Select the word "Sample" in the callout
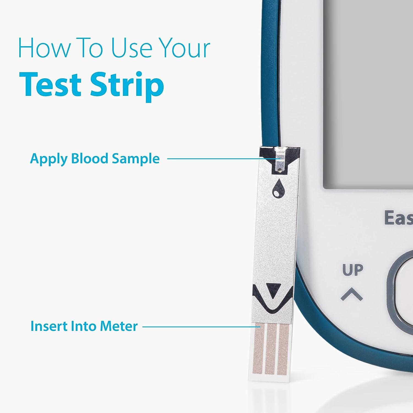point(135,159)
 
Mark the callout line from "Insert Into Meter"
point(202,327)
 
